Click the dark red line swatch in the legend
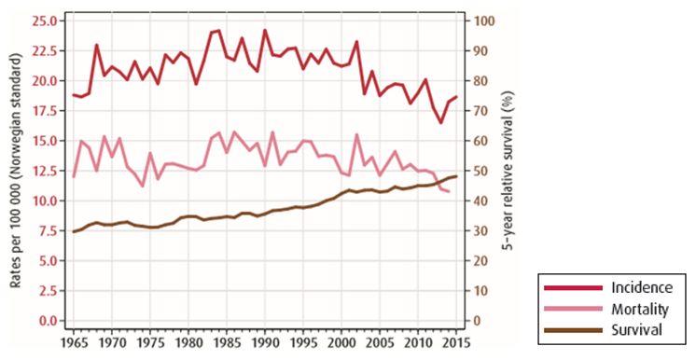(x=572, y=286)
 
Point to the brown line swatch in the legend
(x=572, y=329)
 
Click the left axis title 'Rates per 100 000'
(x=16, y=171)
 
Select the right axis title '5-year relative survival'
(x=510, y=171)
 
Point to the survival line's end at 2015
(x=456, y=176)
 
